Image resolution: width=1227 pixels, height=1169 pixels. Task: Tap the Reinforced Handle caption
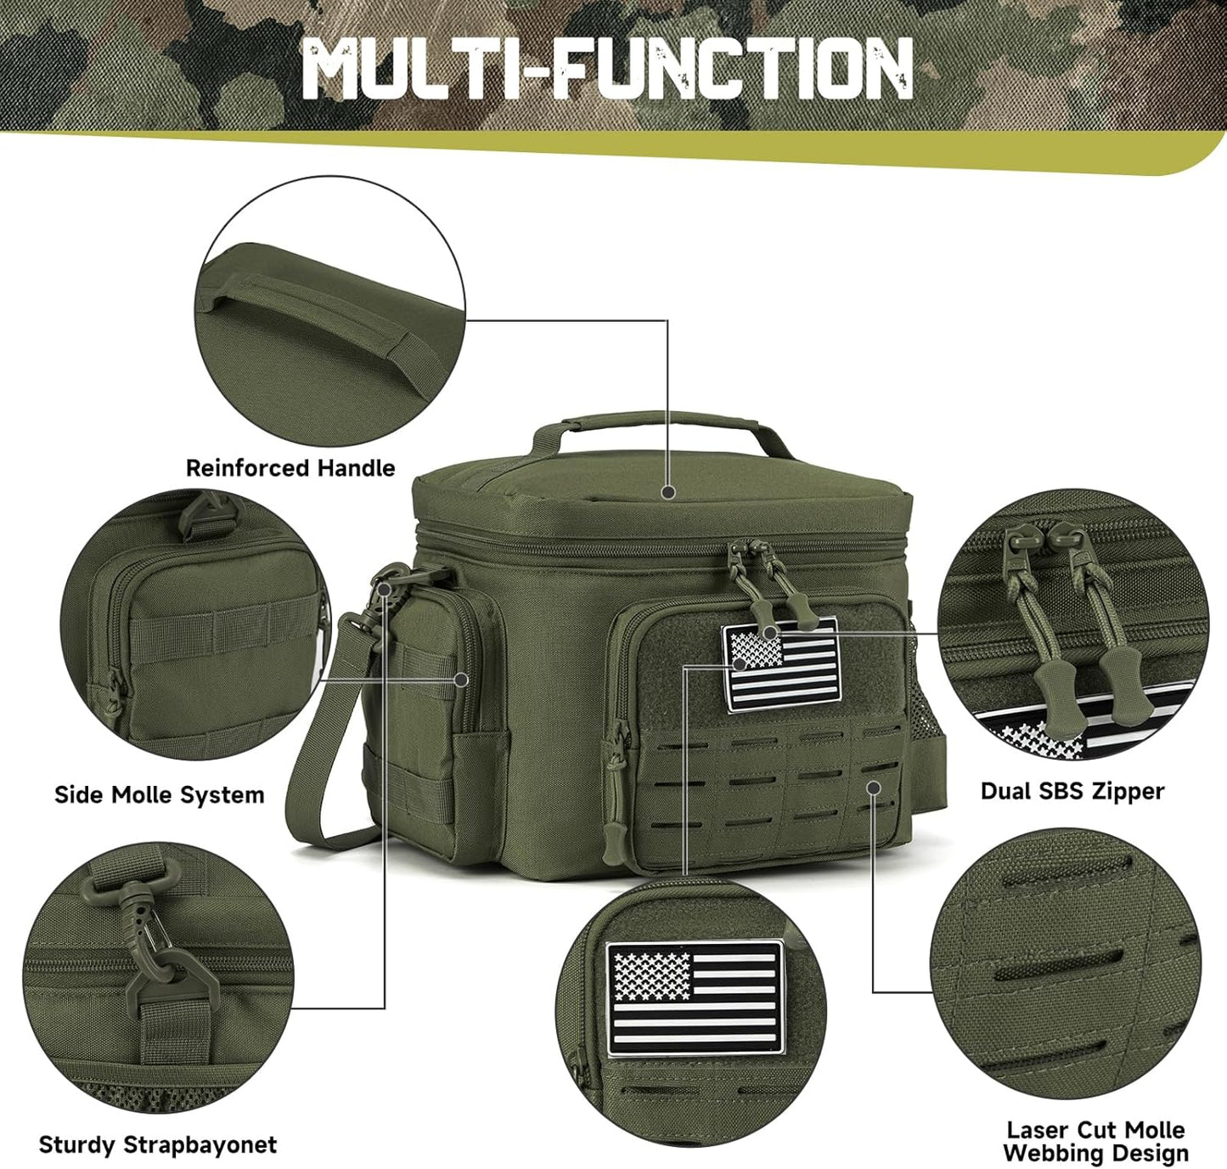pos(290,468)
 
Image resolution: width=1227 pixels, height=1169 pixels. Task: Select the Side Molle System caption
pos(160,795)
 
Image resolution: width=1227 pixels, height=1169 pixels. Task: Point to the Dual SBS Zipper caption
pos(1072,791)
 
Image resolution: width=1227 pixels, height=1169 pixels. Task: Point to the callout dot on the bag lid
pos(668,491)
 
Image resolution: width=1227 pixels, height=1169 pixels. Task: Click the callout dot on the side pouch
pos(461,680)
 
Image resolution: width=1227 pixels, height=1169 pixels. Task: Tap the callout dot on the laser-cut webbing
pos(873,788)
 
